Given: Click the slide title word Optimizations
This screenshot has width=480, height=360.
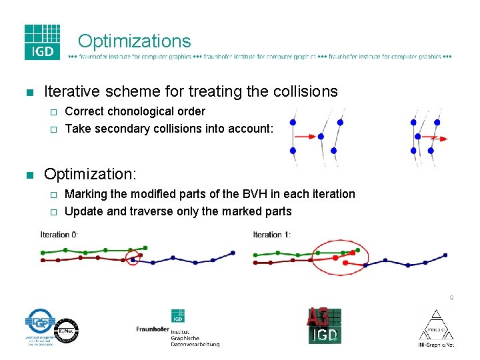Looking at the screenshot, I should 134,41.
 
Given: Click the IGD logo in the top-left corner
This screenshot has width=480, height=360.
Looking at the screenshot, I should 42,42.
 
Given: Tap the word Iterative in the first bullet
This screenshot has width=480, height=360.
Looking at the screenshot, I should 69,91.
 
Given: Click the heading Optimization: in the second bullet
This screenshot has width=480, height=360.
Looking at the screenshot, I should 90,174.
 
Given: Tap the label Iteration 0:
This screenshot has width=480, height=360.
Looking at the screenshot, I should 59,235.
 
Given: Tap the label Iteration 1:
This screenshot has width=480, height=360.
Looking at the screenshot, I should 271,235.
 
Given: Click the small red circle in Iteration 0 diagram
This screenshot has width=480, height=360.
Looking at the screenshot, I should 132,257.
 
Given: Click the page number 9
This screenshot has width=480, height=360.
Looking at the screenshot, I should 451,298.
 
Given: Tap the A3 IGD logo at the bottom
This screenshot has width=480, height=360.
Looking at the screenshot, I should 325,326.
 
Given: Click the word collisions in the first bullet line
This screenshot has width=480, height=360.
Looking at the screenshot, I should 304,91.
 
